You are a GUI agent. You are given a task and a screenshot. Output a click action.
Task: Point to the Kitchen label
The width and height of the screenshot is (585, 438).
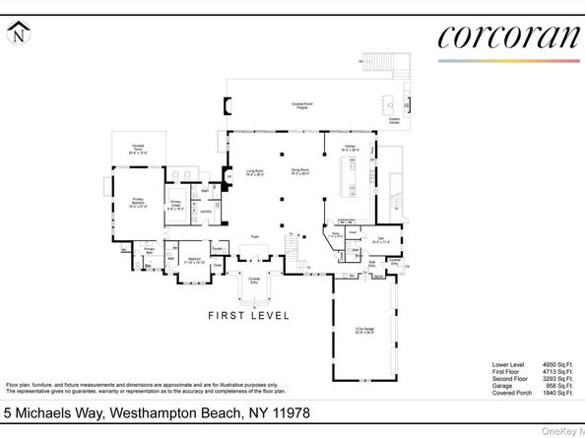pyautogui.click(x=350, y=149)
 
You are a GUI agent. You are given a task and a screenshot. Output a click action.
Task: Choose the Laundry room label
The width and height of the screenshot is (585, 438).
pyautogui.click(x=206, y=211)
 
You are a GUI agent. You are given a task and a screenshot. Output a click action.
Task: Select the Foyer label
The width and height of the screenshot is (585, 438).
pyautogui.click(x=254, y=237)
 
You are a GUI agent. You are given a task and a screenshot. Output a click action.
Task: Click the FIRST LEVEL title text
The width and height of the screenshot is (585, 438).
pyautogui.click(x=248, y=316)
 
